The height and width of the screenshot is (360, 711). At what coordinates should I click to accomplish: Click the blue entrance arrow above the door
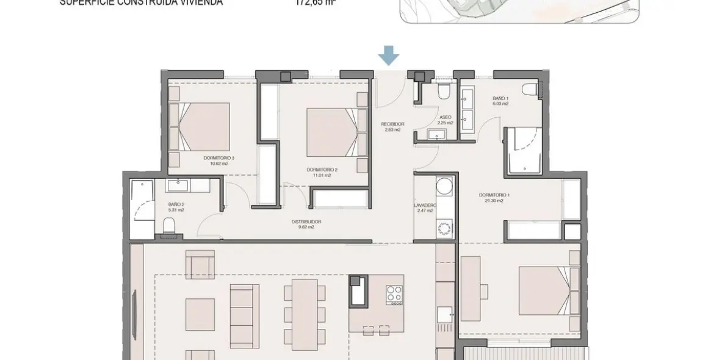[x=388, y=57]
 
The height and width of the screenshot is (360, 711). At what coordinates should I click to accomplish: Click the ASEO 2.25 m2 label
[x=446, y=120]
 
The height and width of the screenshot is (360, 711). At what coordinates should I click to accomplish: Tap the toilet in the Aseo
[x=444, y=91]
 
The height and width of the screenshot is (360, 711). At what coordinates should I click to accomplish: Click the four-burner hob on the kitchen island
[x=394, y=294]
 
